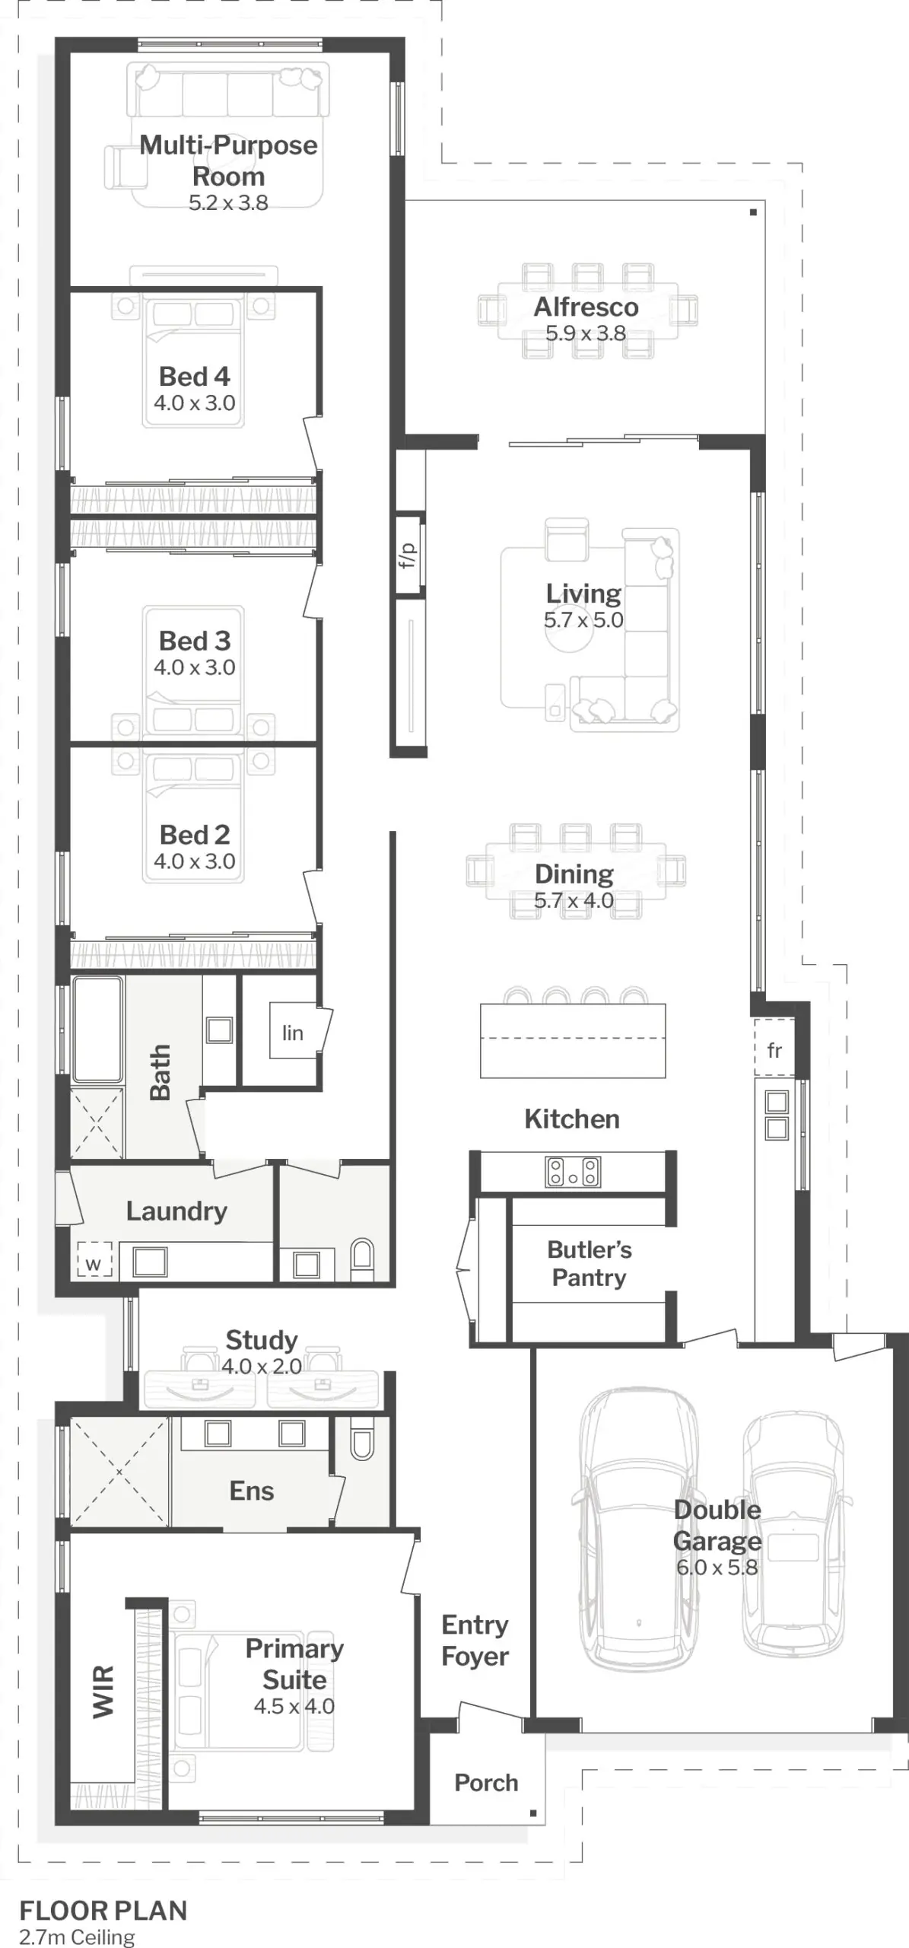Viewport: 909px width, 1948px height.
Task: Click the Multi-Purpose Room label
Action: pyautogui.click(x=228, y=161)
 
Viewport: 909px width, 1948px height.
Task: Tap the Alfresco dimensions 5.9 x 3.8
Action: pyautogui.click(x=586, y=333)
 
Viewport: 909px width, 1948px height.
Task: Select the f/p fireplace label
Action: pyautogui.click(x=408, y=555)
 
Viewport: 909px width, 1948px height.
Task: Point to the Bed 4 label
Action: pyautogui.click(x=194, y=376)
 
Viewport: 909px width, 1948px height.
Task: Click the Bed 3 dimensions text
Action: pyautogui.click(x=194, y=667)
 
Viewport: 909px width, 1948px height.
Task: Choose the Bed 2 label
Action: pyautogui.click(x=194, y=835)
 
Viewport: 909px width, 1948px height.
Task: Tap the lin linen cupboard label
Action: pyautogui.click(x=293, y=1033)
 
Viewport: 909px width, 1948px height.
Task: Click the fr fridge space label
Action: pyautogui.click(x=774, y=1050)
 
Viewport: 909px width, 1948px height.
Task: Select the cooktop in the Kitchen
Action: pyautogui.click(x=573, y=1172)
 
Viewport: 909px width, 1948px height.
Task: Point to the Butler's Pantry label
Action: pyautogui.click(x=590, y=1263)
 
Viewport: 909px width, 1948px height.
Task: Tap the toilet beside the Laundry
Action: pyautogui.click(x=363, y=1260)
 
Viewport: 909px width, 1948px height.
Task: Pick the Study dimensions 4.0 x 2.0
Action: pyautogui.click(x=262, y=1366)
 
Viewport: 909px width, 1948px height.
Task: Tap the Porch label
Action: pyautogui.click(x=486, y=1782)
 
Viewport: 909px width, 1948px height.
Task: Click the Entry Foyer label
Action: pyautogui.click(x=475, y=1640)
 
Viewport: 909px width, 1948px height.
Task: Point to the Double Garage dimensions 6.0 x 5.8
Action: pyautogui.click(x=717, y=1567)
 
